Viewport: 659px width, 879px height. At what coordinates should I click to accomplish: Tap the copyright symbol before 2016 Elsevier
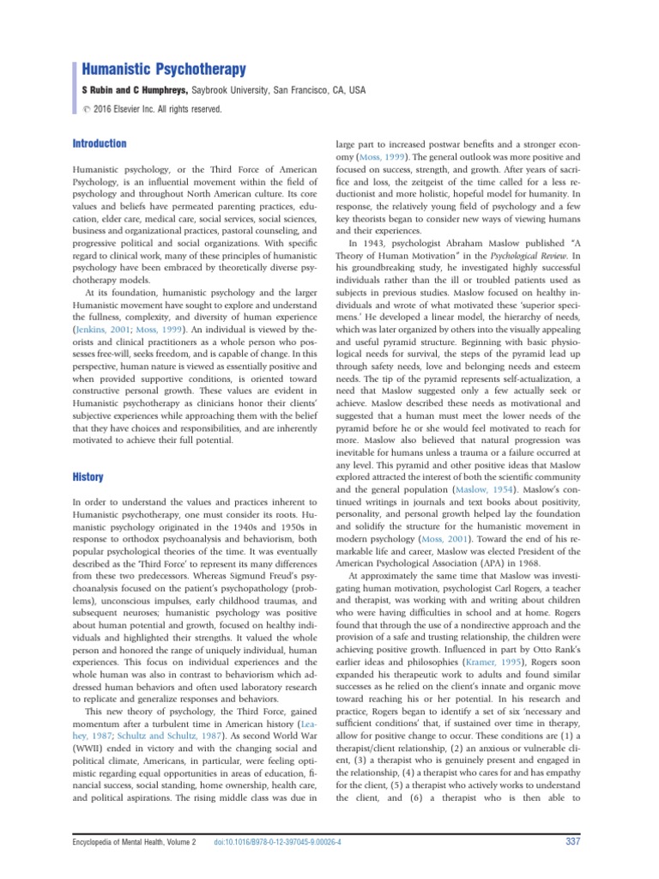click(86, 110)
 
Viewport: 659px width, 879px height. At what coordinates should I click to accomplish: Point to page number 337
click(574, 840)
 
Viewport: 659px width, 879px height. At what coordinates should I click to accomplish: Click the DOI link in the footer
click(278, 841)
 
